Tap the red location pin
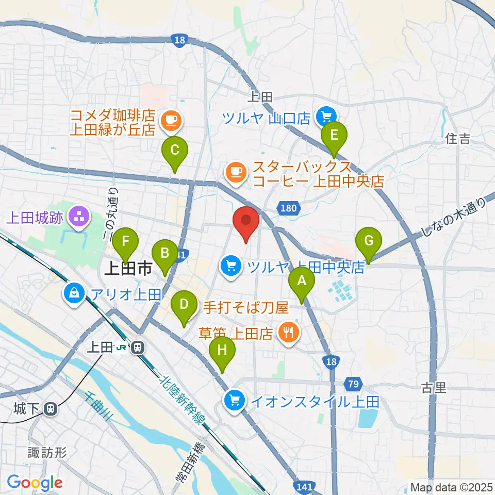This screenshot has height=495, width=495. coord(246,223)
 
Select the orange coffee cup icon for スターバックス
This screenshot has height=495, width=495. coord(236,171)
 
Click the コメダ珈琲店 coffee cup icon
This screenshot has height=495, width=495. coord(170,121)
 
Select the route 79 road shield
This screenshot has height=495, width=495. coord(353,384)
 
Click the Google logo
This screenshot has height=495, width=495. coord(35,483)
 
